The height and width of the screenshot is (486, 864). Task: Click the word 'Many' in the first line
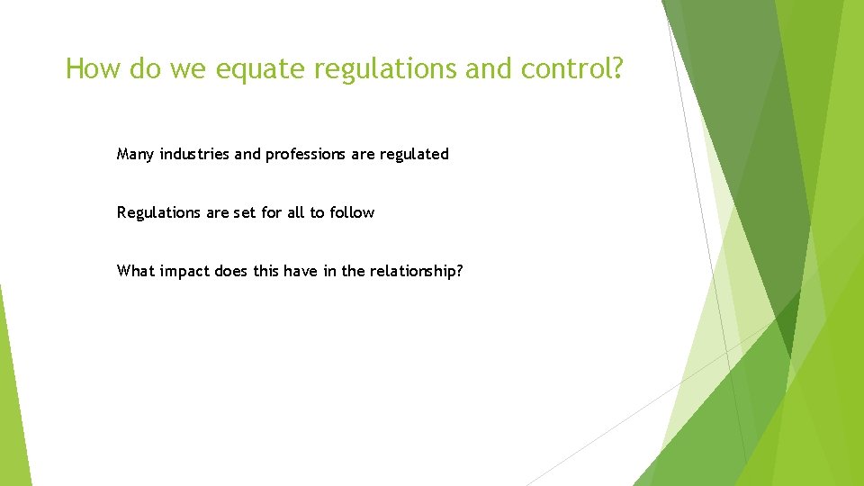click(x=136, y=154)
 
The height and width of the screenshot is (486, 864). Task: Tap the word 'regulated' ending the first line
click(x=414, y=154)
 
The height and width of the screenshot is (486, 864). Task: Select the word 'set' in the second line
click(x=246, y=212)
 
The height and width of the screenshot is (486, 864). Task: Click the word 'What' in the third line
click(x=136, y=271)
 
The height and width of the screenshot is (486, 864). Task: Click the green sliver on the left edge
click(x=13, y=396)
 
